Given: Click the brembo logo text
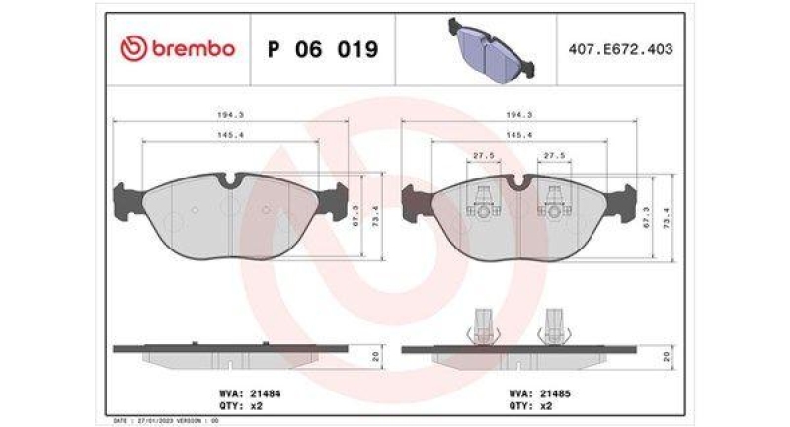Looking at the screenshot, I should click(178, 48).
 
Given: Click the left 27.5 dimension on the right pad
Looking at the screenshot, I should click(482, 155).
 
